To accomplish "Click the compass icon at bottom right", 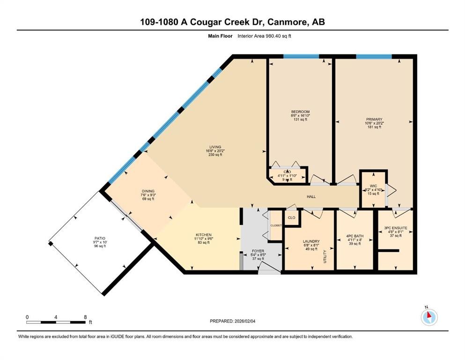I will click(428, 317).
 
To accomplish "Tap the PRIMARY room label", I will click(373, 120).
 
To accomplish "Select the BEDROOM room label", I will click(300, 112).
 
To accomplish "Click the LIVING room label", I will click(215, 147).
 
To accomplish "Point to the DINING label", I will click(148, 191).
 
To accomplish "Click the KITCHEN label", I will click(204, 235).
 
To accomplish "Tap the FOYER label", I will click(258, 251).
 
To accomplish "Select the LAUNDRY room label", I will click(311, 241).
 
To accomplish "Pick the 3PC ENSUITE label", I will click(395, 228).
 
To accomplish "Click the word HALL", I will click(311, 196).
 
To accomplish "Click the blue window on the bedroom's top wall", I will click(301, 57).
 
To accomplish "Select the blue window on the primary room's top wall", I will click(373, 57).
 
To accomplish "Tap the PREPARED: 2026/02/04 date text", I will click(233, 321).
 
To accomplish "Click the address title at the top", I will click(232, 22).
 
